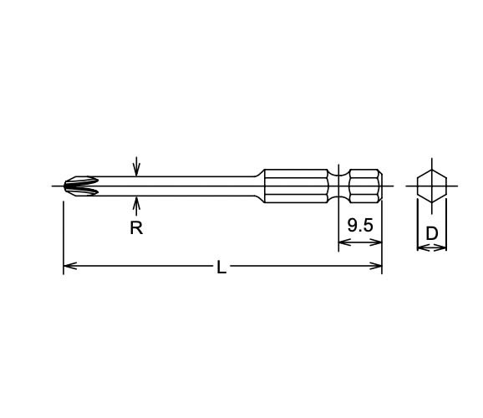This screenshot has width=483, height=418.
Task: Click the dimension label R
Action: [x=136, y=228]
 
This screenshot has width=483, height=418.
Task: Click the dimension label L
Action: [x=221, y=268]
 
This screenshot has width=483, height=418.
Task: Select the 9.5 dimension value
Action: [x=359, y=226]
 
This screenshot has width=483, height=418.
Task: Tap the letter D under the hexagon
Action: [x=432, y=233]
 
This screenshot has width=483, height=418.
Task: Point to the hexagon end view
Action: [x=432, y=185]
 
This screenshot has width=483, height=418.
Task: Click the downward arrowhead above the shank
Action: [x=136, y=171]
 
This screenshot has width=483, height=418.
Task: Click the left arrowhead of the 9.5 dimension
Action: [x=343, y=243]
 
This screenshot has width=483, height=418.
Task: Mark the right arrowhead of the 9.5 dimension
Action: [x=377, y=243]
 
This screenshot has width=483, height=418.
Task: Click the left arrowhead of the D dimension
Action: [x=421, y=247]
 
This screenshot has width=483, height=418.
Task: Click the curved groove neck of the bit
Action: [x=338, y=186]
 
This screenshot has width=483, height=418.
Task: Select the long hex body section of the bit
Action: [x=296, y=186]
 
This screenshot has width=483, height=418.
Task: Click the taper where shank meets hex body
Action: [x=260, y=186]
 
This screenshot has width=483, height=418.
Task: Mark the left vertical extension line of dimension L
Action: [x=64, y=234]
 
